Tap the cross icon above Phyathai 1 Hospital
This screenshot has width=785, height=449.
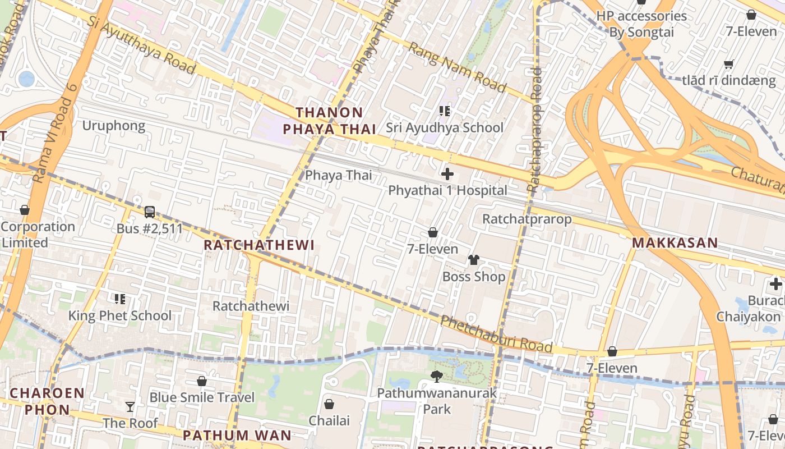click(x=447, y=174)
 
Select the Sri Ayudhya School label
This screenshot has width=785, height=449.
click(x=445, y=127)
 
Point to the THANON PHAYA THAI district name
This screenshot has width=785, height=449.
click(x=329, y=121)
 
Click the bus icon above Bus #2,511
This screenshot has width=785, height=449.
click(x=150, y=212)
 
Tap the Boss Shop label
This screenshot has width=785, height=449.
click(x=474, y=277)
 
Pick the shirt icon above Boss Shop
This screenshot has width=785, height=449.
click(x=474, y=260)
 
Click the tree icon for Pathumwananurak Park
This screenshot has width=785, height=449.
click(x=436, y=377)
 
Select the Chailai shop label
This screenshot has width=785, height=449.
click(x=329, y=420)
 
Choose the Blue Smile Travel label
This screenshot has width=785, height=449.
click(x=202, y=397)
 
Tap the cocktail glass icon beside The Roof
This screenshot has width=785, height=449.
click(x=130, y=406)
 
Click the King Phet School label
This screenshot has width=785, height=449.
click(x=120, y=315)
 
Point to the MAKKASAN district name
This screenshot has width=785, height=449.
click(x=675, y=243)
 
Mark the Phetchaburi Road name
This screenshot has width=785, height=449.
click(x=496, y=335)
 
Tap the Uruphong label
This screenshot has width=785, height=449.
click(x=114, y=125)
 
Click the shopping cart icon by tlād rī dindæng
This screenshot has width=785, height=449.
click(x=728, y=64)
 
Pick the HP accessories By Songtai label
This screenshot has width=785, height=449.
click(x=641, y=24)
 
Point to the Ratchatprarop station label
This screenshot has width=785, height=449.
click(x=527, y=219)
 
